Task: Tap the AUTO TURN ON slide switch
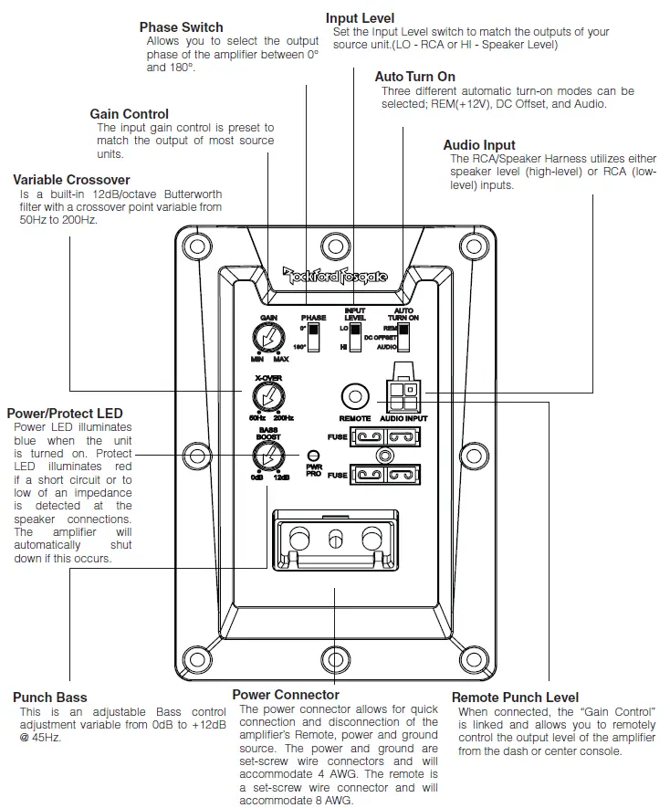click(x=402, y=338)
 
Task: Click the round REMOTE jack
click(x=354, y=396)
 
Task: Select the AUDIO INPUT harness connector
click(x=403, y=394)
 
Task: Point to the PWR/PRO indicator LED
click(x=313, y=456)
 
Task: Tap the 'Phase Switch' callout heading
click(x=181, y=27)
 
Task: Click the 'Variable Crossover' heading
click(x=71, y=180)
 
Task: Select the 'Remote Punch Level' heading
click(x=515, y=698)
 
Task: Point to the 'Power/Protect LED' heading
click(x=64, y=414)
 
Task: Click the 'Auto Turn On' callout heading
click(x=414, y=77)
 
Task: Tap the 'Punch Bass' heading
click(x=50, y=698)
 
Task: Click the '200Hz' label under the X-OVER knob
click(x=284, y=417)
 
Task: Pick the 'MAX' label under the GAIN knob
click(x=282, y=359)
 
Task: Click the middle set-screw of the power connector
click(x=335, y=539)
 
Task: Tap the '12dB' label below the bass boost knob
click(x=283, y=477)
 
